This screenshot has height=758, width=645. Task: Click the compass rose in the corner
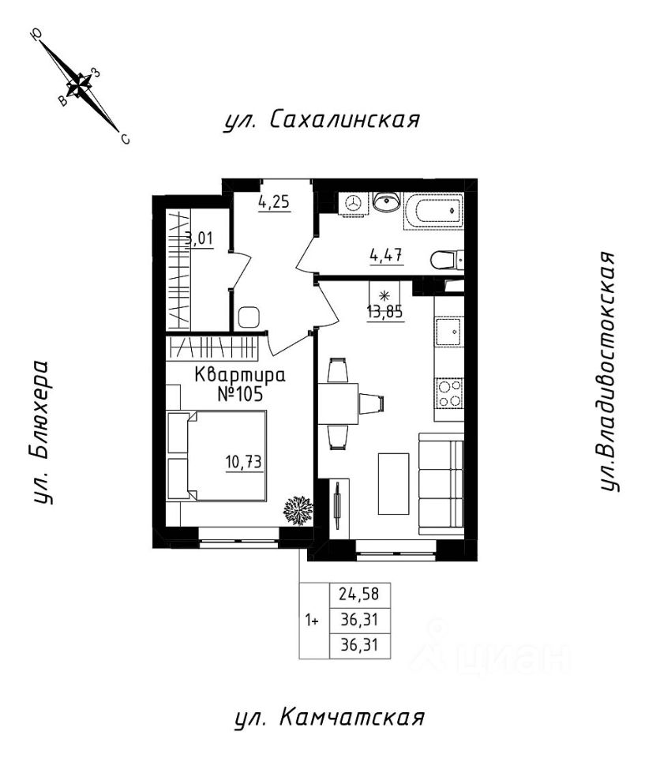click(80, 85)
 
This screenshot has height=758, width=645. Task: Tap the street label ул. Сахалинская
click(321, 120)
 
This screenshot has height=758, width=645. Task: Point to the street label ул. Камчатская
click(329, 718)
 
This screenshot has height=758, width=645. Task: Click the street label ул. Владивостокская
click(607, 371)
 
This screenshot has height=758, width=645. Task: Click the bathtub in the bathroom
click(433, 212)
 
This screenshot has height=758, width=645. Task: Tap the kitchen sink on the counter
click(450, 332)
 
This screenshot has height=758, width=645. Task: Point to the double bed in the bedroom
click(216, 456)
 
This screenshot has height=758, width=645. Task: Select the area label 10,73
click(244, 463)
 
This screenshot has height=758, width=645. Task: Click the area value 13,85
click(385, 312)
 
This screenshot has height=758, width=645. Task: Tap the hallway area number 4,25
click(274, 202)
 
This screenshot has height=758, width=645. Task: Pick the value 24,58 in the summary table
click(358, 594)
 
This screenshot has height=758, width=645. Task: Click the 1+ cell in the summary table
click(312, 620)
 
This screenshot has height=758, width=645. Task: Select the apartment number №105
click(240, 394)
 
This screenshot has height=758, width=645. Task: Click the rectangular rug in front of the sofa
click(394, 483)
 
